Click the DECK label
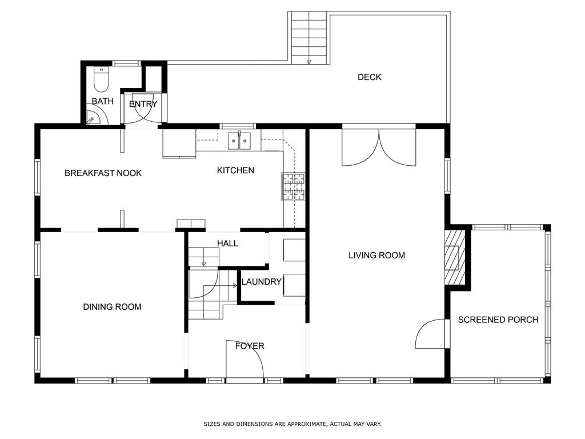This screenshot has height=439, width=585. [x=370, y=77]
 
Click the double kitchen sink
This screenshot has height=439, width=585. [x=239, y=141]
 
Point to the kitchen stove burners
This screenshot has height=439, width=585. [x=293, y=186]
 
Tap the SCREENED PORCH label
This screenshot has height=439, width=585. [x=498, y=320]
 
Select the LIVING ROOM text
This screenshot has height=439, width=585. [x=376, y=256]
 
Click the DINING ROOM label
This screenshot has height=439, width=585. [x=112, y=307]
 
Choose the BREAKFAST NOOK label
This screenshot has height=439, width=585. [x=103, y=173]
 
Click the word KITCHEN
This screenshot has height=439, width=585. [x=235, y=170]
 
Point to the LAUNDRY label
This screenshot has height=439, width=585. [x=261, y=281]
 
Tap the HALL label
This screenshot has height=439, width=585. [x=227, y=244]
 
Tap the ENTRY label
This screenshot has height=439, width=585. [x=143, y=104]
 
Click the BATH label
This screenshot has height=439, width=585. [x=103, y=101]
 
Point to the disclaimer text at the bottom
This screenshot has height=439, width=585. [x=292, y=424]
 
